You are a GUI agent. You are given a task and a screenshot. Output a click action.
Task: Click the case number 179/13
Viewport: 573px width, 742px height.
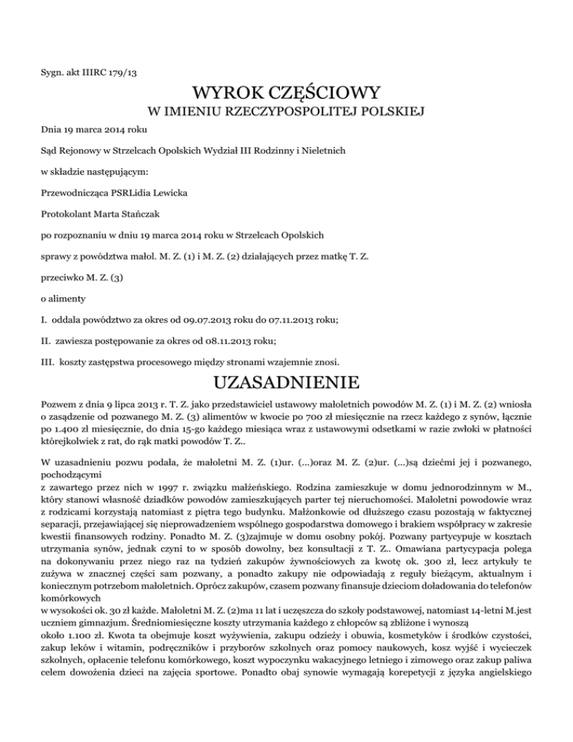(118, 72)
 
